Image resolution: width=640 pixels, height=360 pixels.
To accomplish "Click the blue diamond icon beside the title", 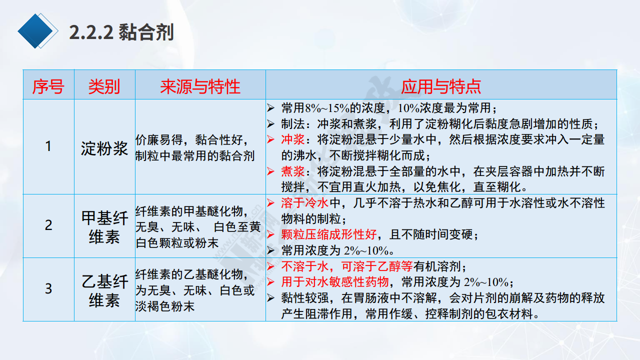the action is [x=37, y=31].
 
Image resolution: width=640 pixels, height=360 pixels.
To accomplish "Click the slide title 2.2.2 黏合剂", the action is [x=121, y=32].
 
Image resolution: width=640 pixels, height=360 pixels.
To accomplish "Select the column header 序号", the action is [x=48, y=86].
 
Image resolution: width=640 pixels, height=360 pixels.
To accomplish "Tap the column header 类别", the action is [x=104, y=86].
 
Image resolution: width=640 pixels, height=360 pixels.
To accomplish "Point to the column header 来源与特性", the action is [x=200, y=86].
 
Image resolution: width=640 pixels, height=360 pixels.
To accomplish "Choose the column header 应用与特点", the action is [x=441, y=86].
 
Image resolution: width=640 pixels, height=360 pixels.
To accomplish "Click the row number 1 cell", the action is [x=48, y=146].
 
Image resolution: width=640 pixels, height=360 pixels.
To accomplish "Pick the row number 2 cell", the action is [x=48, y=225].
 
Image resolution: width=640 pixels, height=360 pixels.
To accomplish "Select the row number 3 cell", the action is [x=48, y=288].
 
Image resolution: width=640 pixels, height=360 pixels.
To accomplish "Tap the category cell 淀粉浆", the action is [x=104, y=148].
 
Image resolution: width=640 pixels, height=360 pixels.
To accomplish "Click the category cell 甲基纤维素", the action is [x=104, y=227].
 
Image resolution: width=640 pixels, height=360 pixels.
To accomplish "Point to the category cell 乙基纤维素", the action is [x=104, y=291].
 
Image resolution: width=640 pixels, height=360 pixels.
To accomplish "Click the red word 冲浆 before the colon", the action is [x=293, y=139].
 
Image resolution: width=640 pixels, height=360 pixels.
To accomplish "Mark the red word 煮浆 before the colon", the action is [x=293, y=171].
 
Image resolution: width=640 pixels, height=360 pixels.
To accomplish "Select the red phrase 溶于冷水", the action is [x=305, y=203].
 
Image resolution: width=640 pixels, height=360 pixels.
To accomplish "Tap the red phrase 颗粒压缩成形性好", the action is [x=329, y=234].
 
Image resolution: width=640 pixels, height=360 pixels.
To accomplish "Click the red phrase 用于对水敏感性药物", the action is [x=335, y=282].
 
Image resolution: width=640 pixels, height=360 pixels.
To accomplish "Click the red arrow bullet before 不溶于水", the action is [x=271, y=266].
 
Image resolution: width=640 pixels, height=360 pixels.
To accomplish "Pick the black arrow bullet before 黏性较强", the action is [x=271, y=298].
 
